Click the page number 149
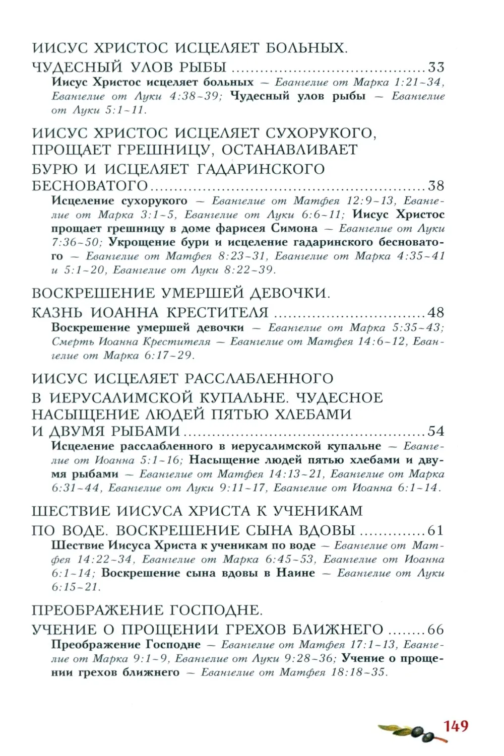(x=456, y=726)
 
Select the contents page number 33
(x=436, y=67)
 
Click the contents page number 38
(x=436, y=186)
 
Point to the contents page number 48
(x=436, y=312)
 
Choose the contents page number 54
(x=436, y=431)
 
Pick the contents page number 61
(x=436, y=530)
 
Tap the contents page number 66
(x=436, y=630)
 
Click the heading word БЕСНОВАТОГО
(x=90, y=186)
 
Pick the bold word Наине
(x=295, y=573)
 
